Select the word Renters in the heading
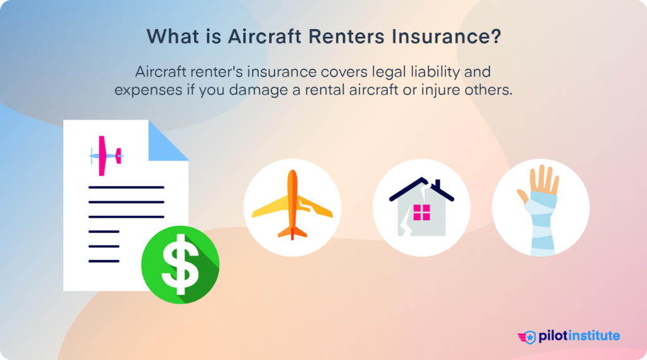click(x=343, y=36)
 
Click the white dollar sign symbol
click(x=180, y=261)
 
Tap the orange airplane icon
click(x=292, y=204)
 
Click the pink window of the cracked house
click(x=421, y=212)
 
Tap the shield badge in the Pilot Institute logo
click(x=529, y=337)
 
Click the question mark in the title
click(x=495, y=36)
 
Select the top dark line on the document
click(x=126, y=187)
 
